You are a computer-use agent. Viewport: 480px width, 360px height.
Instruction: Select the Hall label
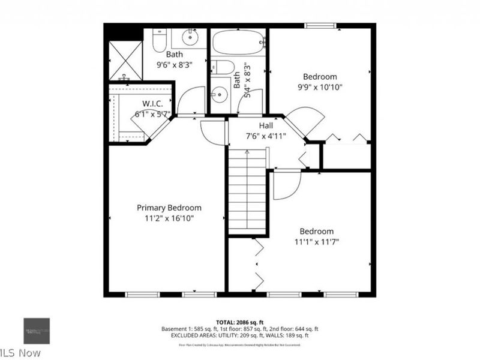[x=265, y=125]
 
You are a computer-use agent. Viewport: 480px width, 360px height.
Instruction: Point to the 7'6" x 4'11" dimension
[x=265, y=136]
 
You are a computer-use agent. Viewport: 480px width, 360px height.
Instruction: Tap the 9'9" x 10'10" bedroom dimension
[x=319, y=87]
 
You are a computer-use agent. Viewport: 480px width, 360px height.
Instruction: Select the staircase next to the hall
[x=247, y=192]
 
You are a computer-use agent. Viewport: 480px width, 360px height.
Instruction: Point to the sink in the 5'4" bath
[x=220, y=95]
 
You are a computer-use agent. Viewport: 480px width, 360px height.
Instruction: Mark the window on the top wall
[x=319, y=26]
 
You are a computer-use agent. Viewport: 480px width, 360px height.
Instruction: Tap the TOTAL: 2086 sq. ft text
[x=239, y=322]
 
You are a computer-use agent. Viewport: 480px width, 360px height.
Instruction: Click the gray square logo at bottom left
[x=37, y=331]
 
